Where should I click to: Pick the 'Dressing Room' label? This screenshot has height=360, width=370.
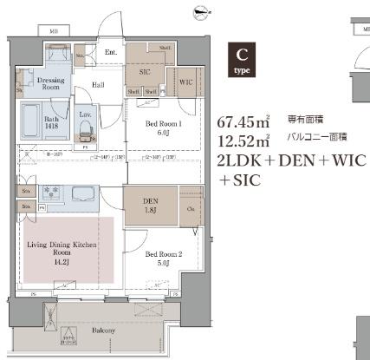pos(53,83)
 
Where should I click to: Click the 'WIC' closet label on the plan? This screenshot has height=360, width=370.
pos(186,83)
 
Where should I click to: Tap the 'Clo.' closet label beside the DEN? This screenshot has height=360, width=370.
pos(191,209)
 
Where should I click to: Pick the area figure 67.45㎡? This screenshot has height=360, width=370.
pos(240,121)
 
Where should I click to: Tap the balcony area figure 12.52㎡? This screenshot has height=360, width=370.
pos(240,141)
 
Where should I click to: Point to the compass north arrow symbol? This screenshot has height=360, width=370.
pos(203,12)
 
